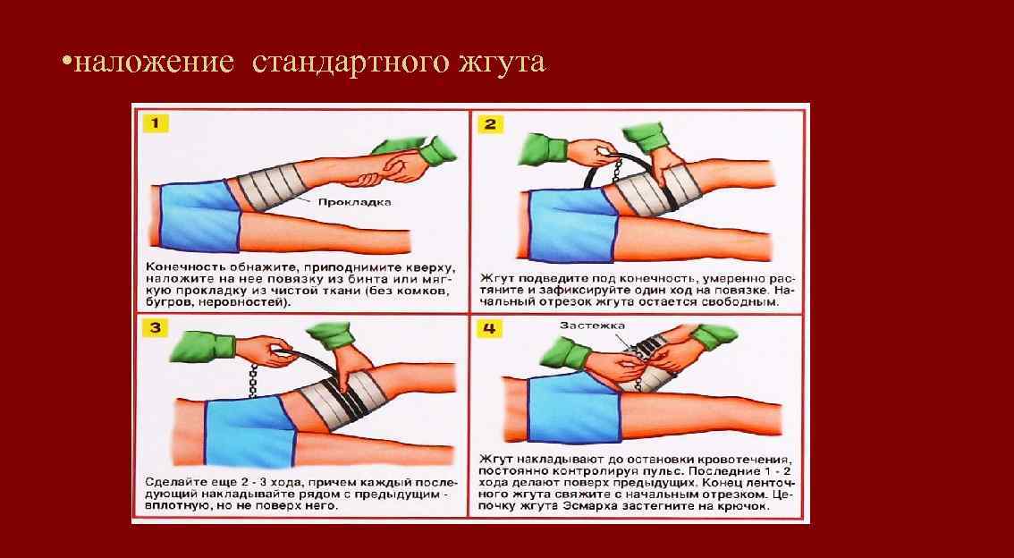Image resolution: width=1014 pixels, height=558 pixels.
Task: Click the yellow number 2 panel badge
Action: (489, 123)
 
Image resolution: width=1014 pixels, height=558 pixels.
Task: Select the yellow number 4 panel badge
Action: (489, 328)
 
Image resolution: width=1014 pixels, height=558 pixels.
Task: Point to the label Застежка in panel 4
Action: (592, 325)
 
